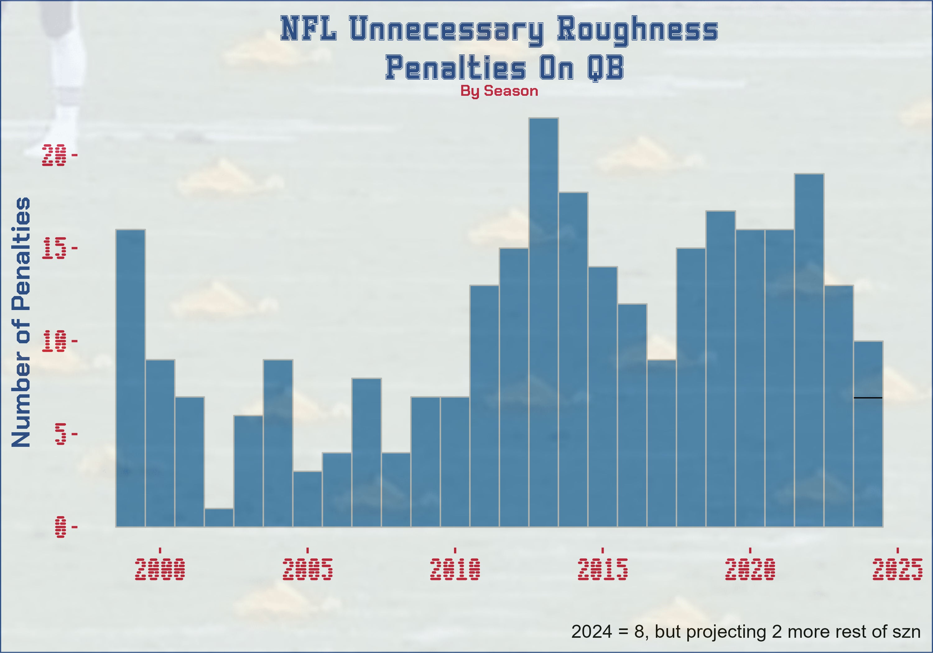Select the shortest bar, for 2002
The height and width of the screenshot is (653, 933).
(x=219, y=517)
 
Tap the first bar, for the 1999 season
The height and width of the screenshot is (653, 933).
(x=130, y=378)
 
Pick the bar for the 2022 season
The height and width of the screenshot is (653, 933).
(x=809, y=350)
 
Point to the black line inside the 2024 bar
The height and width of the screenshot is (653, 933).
(x=868, y=397)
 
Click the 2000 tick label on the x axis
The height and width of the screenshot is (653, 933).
(x=160, y=569)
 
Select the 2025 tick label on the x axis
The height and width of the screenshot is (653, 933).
(x=897, y=569)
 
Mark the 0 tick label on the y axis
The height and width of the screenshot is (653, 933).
(x=60, y=527)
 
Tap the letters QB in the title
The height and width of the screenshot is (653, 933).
(x=605, y=68)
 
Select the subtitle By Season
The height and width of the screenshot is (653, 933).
(x=499, y=91)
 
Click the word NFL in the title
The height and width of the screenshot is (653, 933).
(x=309, y=28)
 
